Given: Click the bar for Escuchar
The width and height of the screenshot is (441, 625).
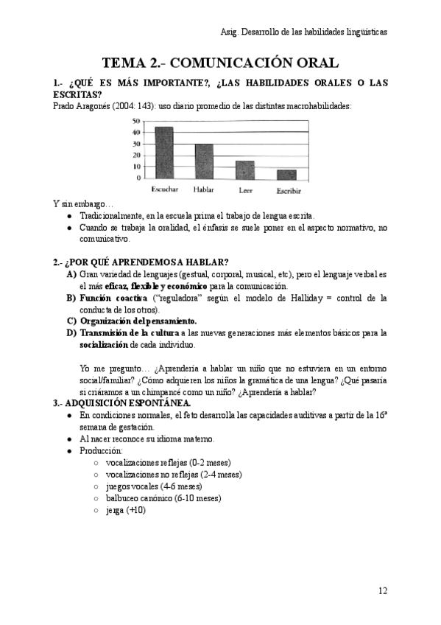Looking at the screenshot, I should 163,153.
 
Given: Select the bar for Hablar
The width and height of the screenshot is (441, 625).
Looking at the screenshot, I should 204,161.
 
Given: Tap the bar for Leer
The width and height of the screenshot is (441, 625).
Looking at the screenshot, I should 245,170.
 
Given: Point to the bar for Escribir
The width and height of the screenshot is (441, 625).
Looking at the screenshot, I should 286,175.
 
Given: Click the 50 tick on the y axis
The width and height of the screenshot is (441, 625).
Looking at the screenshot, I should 136,121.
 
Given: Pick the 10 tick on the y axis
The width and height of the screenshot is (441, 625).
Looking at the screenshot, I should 136,167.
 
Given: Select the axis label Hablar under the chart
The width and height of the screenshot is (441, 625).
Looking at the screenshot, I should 204,190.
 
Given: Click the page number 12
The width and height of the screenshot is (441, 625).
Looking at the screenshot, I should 382,590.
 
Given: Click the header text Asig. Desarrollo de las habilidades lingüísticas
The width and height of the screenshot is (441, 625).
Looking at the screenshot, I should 303,32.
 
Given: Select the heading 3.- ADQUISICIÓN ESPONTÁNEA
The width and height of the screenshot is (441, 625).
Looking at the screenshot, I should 121,403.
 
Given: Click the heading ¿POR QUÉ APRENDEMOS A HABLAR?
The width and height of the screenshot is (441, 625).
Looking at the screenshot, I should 146,262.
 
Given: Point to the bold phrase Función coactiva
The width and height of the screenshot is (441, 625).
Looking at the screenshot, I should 113,298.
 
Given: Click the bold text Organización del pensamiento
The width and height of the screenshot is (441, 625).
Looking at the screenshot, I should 138,321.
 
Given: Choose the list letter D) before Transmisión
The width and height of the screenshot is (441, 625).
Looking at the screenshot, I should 71,333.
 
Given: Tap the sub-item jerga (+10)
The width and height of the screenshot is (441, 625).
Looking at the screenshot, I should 126,509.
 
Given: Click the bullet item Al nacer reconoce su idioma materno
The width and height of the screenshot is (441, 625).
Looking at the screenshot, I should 147,439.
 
